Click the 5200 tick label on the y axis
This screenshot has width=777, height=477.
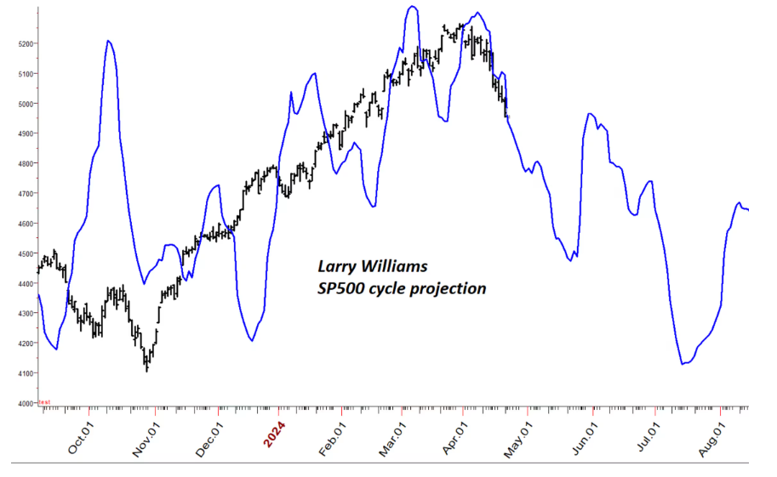tap(23, 43)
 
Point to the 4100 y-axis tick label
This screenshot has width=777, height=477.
tap(23, 373)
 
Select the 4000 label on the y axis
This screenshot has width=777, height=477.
tap(23, 404)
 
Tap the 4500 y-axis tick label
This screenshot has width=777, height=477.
tap(23, 253)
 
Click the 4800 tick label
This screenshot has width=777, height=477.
tap(23, 163)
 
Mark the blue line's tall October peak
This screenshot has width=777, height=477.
tap(109, 41)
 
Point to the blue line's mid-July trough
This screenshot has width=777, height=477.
tap(683, 364)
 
